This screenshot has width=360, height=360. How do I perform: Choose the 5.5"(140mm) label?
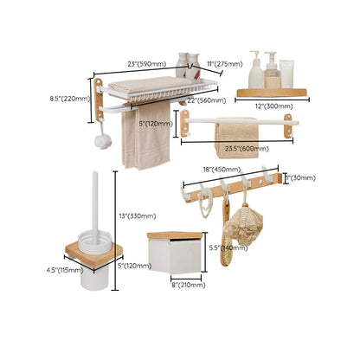tap(228, 247)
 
